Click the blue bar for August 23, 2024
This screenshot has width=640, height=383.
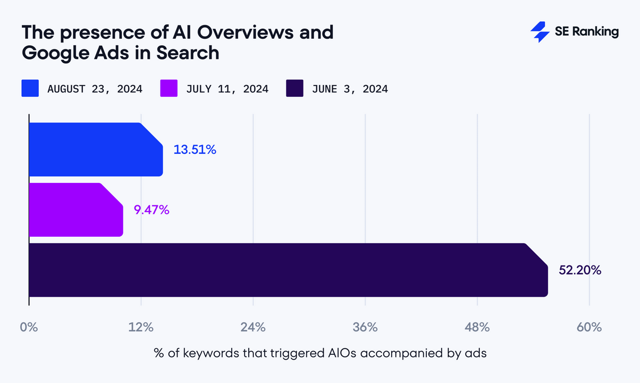(96, 149)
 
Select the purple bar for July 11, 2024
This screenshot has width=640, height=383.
(75, 210)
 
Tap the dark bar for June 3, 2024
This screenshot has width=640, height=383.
(287, 270)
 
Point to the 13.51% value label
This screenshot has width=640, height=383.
(195, 150)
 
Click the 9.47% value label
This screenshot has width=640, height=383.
(151, 210)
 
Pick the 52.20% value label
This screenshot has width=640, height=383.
(580, 270)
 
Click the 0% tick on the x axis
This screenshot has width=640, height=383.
(29, 327)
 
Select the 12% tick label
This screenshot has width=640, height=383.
(141, 327)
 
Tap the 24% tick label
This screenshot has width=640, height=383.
(253, 327)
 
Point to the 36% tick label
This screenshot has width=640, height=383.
(365, 327)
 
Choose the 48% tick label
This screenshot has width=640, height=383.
(477, 327)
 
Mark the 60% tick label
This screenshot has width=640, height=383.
(589, 327)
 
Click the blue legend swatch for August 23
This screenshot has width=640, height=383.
(30, 88)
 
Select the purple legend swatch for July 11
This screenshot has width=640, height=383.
(169, 88)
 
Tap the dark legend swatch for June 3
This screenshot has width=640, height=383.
(295, 88)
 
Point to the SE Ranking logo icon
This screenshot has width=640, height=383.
(540, 32)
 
